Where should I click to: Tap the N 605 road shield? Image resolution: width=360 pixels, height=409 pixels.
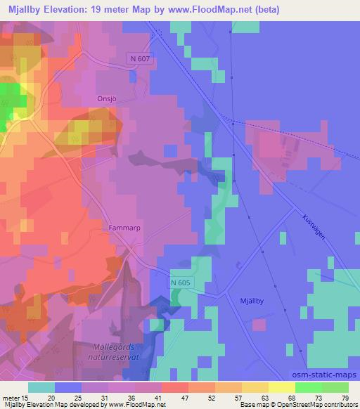179,283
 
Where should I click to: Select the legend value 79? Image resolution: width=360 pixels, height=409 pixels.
345,397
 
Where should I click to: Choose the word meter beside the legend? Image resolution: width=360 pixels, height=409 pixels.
9,397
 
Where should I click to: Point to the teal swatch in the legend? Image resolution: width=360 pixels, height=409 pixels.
41,387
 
